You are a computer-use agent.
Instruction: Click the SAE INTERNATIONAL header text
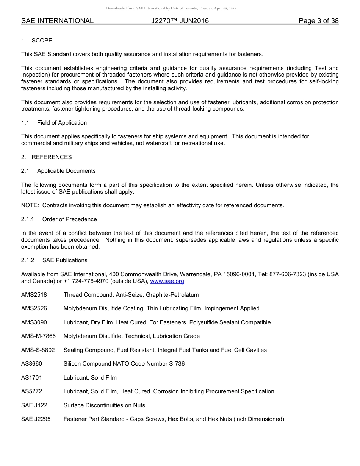[x=57, y=21]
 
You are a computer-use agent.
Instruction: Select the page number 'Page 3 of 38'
[x=318, y=21]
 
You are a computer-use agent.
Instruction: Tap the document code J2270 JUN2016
[x=180, y=21]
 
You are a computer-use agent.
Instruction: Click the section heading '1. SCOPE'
[x=37, y=41]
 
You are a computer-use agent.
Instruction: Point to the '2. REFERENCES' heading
[x=46, y=157]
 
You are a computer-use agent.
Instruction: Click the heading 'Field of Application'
[x=62, y=123]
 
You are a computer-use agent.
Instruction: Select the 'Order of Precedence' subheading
[x=69, y=219]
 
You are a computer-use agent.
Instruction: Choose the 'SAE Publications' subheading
[x=65, y=260]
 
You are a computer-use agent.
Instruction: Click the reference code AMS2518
[x=34, y=295]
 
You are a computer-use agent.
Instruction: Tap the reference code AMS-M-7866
[x=38, y=336]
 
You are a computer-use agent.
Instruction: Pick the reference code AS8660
[x=32, y=364]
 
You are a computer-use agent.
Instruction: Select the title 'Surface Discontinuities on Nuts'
[x=104, y=405]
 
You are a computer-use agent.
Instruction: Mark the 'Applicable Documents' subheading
[x=66, y=171]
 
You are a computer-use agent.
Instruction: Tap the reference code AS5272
[x=32, y=391]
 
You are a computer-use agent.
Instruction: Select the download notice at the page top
[x=171, y=8]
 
